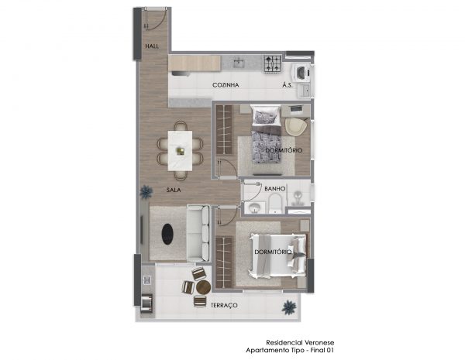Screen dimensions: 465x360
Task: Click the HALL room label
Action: (152, 46)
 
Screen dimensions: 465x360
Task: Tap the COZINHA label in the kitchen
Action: (226, 85)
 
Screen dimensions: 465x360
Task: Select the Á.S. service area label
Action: (288, 85)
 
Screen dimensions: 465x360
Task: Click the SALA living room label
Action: (174, 190)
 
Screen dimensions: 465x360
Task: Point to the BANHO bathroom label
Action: (275, 189)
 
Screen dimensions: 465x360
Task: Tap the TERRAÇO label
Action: (224, 305)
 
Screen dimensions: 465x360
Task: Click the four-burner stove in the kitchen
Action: (273, 63)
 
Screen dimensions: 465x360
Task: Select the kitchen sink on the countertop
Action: (239, 63)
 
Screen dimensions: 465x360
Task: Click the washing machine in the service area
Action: (302, 73)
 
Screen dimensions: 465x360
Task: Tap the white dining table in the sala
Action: (180, 150)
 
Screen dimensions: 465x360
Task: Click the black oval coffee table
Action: (167, 234)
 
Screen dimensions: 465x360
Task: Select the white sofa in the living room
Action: (198, 233)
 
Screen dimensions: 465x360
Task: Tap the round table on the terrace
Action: (203, 286)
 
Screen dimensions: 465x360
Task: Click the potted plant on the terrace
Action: (289, 307)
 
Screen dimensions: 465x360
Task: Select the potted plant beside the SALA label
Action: (146, 192)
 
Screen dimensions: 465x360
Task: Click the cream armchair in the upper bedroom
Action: (295, 127)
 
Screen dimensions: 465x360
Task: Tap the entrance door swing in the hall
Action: (154, 19)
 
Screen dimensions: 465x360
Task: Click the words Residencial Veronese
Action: (300, 343)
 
